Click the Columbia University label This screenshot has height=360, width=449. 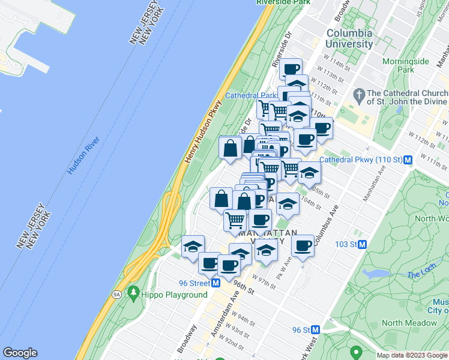[349, 38]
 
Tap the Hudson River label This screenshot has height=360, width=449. [83, 155]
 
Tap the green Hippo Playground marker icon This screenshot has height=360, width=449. [133, 294]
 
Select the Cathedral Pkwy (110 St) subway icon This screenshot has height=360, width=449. [408, 160]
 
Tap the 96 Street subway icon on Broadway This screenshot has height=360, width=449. [215, 283]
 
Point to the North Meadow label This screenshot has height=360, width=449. [409, 323]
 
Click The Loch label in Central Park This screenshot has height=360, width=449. [418, 275]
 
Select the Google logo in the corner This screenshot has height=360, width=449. [20, 353]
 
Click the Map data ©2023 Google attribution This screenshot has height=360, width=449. [412, 355]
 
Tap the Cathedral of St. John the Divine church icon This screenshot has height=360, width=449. [359, 94]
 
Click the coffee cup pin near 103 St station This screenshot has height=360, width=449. [303, 245]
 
